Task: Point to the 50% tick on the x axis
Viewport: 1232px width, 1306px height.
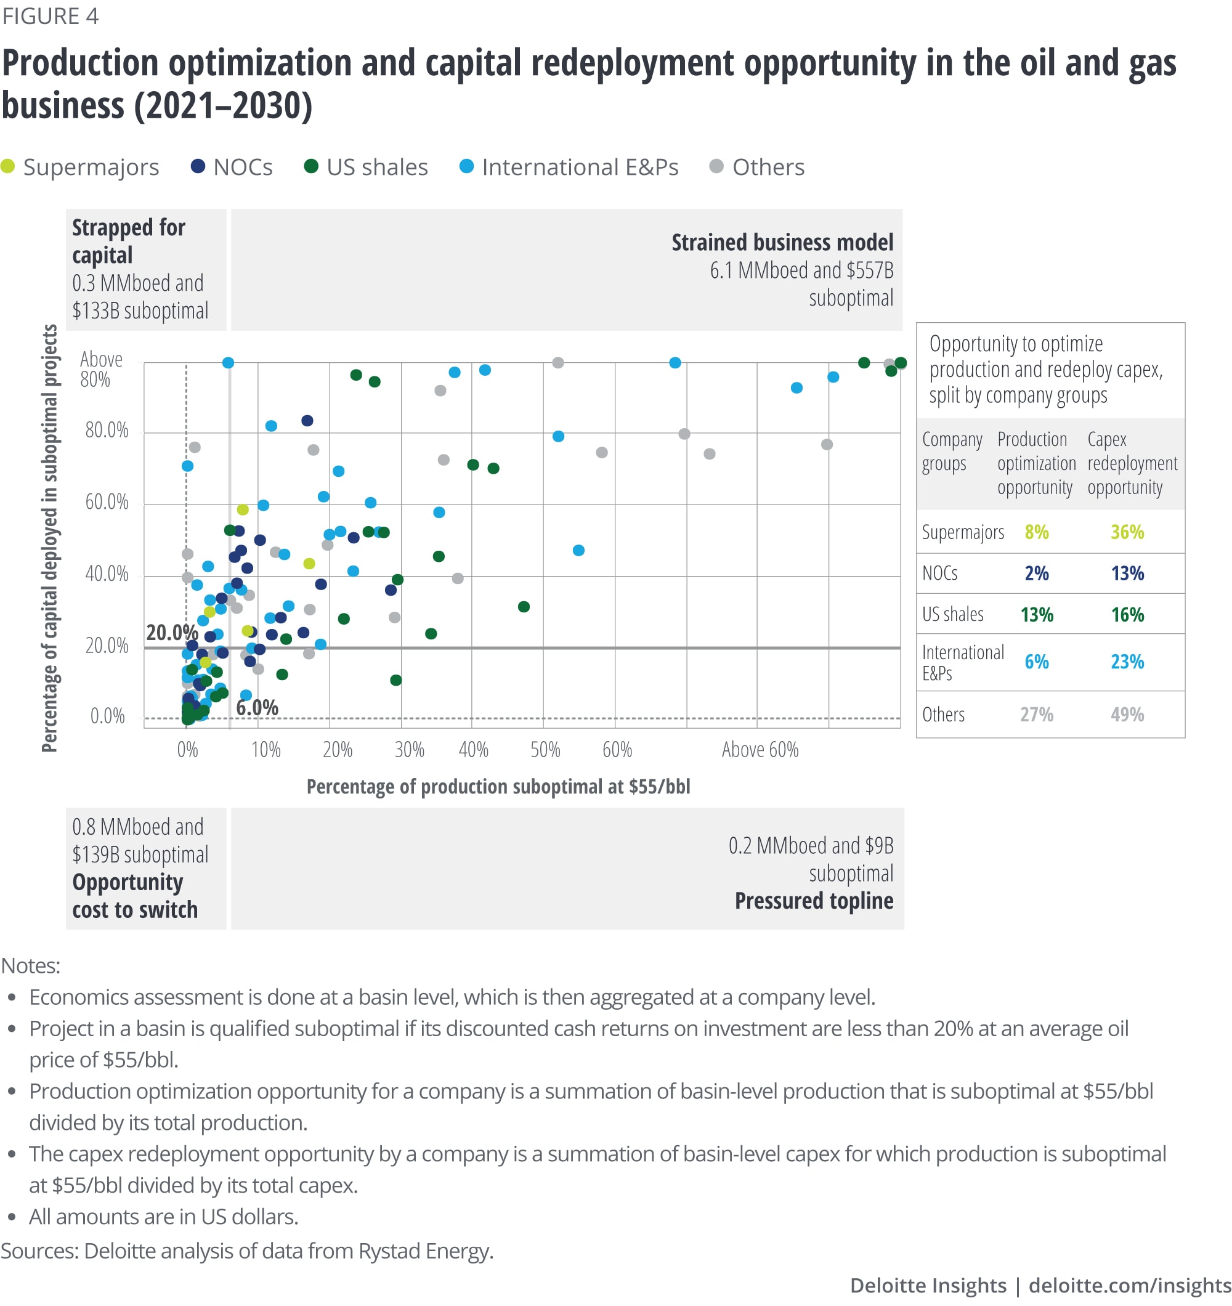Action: [545, 750]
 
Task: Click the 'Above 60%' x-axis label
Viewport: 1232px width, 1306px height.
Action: [760, 750]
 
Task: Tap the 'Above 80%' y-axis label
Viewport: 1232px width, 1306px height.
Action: [101, 369]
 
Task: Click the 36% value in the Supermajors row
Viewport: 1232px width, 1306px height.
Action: [1127, 532]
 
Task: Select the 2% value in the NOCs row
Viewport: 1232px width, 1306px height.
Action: [1036, 574]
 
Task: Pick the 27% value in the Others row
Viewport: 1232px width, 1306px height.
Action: [1036, 715]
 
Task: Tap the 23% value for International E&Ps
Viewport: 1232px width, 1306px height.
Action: [1127, 662]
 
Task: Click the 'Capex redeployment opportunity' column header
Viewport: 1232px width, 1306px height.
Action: [1132, 463]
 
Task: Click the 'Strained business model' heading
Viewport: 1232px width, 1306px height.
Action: [782, 243]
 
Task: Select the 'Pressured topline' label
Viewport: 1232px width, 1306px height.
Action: [814, 901]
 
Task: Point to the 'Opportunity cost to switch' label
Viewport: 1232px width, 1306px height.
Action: [135, 896]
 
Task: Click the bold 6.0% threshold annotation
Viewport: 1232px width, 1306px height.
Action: [257, 708]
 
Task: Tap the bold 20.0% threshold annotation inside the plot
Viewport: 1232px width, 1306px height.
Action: [171, 633]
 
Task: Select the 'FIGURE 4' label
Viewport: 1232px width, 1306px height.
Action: [51, 16]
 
